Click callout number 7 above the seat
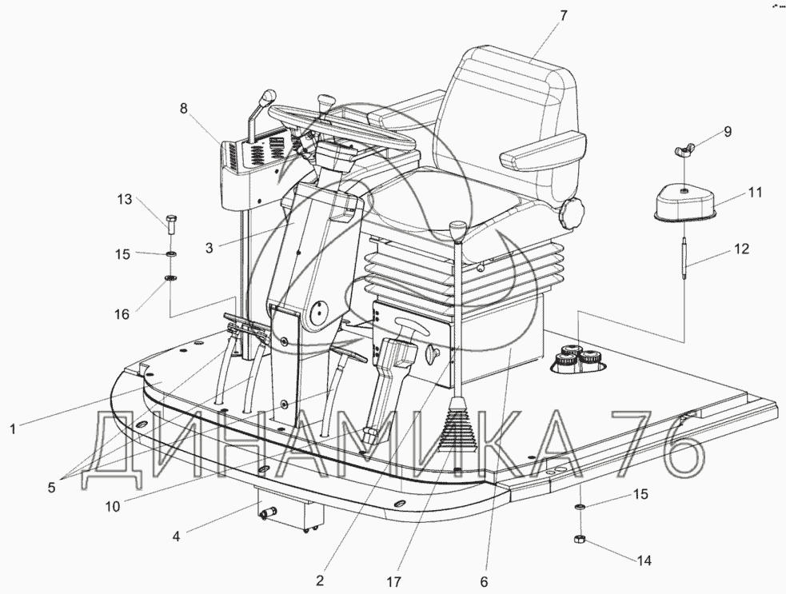[x=563, y=15]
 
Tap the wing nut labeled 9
[x=684, y=149]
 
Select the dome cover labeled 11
[x=685, y=202]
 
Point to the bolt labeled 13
[x=170, y=225]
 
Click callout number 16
[x=122, y=314]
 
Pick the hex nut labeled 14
[x=579, y=540]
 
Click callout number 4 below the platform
[x=175, y=536]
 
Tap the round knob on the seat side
[x=573, y=213]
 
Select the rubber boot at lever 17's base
[x=453, y=425]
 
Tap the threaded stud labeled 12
[x=684, y=258]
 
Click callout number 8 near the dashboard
[x=183, y=108]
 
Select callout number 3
[x=209, y=248]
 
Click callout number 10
[x=113, y=506]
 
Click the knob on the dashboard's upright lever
[x=269, y=96]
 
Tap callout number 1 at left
[x=13, y=429]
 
